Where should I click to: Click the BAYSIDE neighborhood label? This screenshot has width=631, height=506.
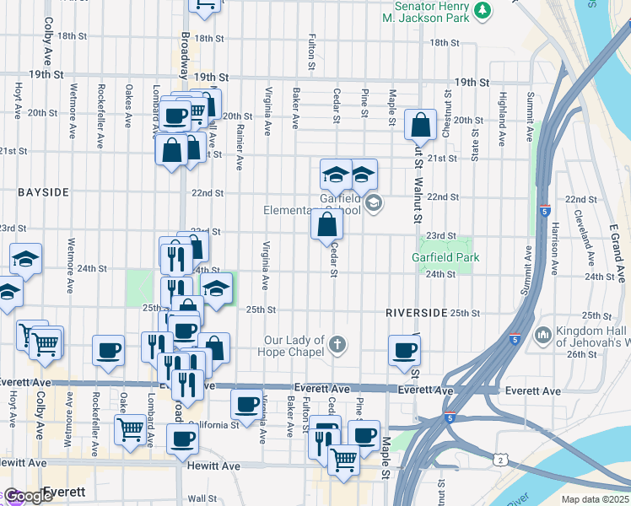point(43,192)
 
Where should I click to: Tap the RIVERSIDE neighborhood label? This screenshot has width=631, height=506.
point(416,312)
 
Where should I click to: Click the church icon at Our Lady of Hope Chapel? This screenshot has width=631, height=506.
point(337,344)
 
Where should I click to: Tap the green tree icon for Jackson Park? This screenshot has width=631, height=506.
point(483,10)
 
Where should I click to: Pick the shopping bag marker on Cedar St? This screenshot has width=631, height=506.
point(326,225)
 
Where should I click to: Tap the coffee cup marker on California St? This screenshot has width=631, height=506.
point(246,406)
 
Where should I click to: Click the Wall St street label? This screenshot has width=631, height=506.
point(202,498)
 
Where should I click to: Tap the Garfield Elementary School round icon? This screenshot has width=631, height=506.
point(373,203)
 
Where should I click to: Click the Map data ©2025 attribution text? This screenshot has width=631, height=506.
point(595,499)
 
